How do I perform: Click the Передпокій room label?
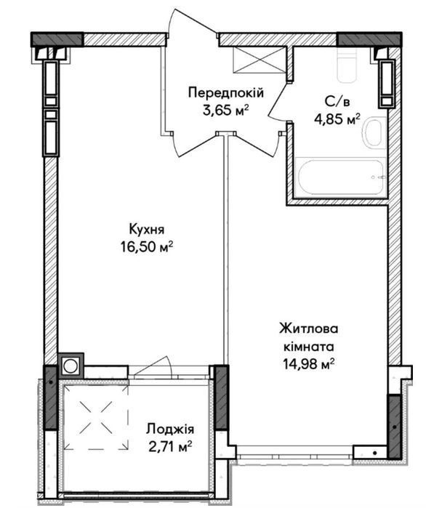(x=226, y=93)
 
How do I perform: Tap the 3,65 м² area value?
(x=226, y=110)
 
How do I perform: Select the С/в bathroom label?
(x=337, y=102)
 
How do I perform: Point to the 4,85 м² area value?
(x=337, y=119)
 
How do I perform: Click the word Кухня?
(x=147, y=230)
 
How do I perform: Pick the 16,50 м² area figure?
(x=147, y=247)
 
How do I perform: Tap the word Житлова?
(x=309, y=328)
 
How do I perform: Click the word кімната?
(x=309, y=347)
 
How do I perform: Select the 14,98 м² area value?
(x=309, y=364)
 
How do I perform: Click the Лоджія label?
(x=170, y=430)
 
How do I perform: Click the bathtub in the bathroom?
(x=341, y=177)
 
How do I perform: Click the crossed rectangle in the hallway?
(x=260, y=60)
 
